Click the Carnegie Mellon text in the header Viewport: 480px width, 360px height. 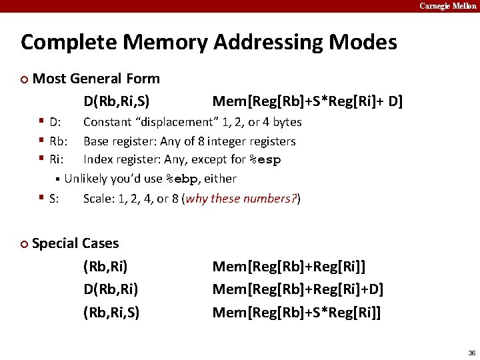(447, 6)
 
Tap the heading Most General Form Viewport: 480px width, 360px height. (96, 79)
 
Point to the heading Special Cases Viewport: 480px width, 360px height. (75, 243)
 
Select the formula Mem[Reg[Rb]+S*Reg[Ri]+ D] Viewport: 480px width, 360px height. (307, 102)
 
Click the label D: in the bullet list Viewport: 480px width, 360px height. (56, 122)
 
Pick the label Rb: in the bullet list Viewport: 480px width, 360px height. (59, 141)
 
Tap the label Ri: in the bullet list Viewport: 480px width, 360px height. (57, 160)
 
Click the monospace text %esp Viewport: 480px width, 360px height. (265, 160)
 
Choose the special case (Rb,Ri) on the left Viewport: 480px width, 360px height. (105, 267)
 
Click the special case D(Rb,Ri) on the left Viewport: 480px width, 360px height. (111, 290)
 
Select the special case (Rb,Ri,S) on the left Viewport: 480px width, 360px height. (111, 313)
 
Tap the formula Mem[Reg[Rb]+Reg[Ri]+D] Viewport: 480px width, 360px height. (297, 290)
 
